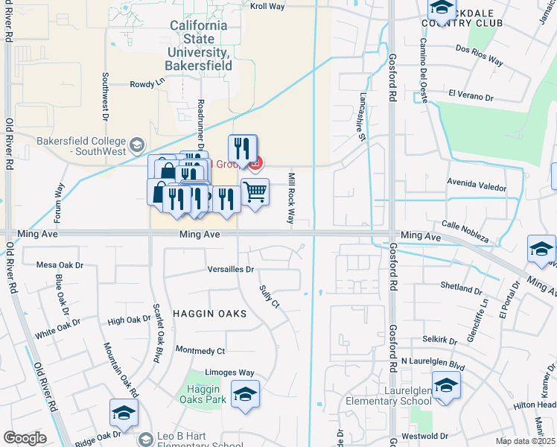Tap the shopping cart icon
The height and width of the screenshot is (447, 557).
click(255, 192)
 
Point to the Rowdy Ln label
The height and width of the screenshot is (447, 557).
click(147, 84)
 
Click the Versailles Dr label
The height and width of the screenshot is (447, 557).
click(231, 269)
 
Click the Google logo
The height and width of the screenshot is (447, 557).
click(25, 438)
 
